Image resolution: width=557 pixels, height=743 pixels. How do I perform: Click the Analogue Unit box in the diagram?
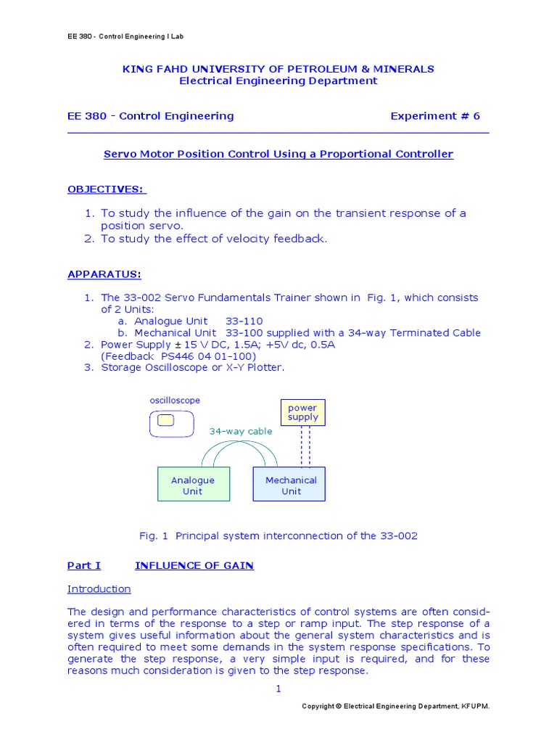pyautogui.click(x=193, y=485)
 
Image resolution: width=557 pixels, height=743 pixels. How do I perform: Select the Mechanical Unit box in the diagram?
pyautogui.click(x=289, y=485)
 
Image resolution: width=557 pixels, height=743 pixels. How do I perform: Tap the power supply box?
pyautogui.click(x=302, y=413)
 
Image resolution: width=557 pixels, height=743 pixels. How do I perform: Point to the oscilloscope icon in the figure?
pyautogui.click(x=171, y=423)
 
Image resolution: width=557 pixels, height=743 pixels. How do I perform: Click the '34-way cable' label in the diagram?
pyautogui.click(x=241, y=431)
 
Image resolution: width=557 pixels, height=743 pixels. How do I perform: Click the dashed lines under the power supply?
pyautogui.click(x=305, y=446)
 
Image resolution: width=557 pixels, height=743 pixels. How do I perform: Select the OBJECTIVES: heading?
pyautogui.click(x=107, y=189)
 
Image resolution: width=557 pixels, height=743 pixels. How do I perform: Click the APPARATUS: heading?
pyautogui.click(x=104, y=274)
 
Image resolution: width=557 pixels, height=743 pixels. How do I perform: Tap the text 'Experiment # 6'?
pyautogui.click(x=434, y=116)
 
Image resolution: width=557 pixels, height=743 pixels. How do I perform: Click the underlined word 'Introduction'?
pyautogui.click(x=99, y=588)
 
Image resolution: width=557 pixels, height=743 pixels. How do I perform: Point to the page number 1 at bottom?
pyautogui.click(x=278, y=689)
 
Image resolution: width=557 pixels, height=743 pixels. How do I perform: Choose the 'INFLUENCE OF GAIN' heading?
pyautogui.click(x=194, y=565)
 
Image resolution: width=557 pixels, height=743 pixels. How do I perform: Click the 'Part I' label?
pyautogui.click(x=84, y=565)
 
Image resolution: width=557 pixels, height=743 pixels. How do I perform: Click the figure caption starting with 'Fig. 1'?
pyautogui.click(x=278, y=535)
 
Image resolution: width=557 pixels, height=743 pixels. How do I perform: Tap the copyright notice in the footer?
pyautogui.click(x=400, y=706)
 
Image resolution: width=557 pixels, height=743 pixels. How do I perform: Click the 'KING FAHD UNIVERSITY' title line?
pyautogui.click(x=278, y=69)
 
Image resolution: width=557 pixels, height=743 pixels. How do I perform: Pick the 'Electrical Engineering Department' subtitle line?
pyautogui.click(x=278, y=81)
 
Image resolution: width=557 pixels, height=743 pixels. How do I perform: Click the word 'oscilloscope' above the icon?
pyautogui.click(x=175, y=401)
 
